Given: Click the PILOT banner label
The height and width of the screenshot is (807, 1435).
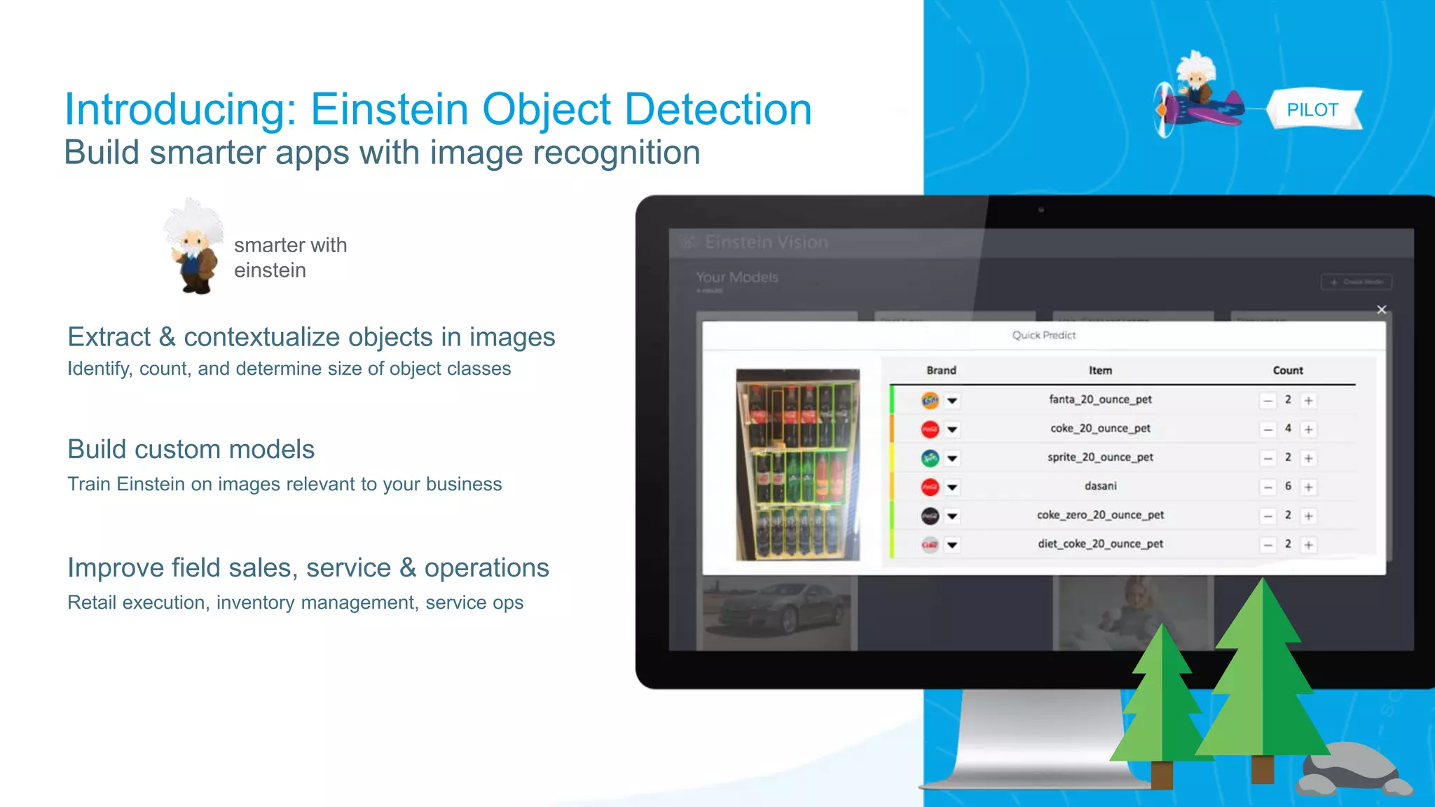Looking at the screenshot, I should coord(1312,110).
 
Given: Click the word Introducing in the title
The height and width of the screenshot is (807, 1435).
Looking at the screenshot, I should coord(180,110).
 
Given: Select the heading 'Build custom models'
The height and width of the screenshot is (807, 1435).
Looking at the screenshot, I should coord(191,450).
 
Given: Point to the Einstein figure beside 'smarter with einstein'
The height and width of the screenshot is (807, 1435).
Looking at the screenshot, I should coord(193,247).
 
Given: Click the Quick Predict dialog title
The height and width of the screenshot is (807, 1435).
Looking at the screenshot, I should coord(1043,336).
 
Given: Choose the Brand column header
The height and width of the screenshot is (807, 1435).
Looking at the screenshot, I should coord(941,371).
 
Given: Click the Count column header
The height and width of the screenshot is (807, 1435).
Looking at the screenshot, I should coord(1287,371).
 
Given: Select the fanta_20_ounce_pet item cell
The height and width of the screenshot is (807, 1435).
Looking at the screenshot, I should coord(1100,399).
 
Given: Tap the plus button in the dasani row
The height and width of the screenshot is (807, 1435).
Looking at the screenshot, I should coord(1308,488).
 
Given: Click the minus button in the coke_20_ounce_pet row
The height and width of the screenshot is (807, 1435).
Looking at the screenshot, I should coord(1268,429).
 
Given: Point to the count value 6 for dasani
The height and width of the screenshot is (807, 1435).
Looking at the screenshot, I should coord(1288,486).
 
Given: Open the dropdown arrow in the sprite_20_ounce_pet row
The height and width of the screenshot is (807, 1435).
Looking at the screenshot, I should coord(952,459).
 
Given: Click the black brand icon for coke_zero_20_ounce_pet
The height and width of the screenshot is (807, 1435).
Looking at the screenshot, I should coord(930,516).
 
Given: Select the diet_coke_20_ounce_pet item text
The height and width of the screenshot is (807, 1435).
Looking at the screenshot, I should coord(1100,544).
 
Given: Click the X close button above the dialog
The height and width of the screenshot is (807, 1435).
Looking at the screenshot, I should coord(1381,310).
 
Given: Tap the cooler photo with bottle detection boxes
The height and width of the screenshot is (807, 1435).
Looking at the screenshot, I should coord(797,464).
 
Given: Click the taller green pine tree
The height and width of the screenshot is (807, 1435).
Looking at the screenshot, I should coord(1262,672).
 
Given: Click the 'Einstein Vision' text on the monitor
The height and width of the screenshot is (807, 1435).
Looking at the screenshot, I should coord(766,242).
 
